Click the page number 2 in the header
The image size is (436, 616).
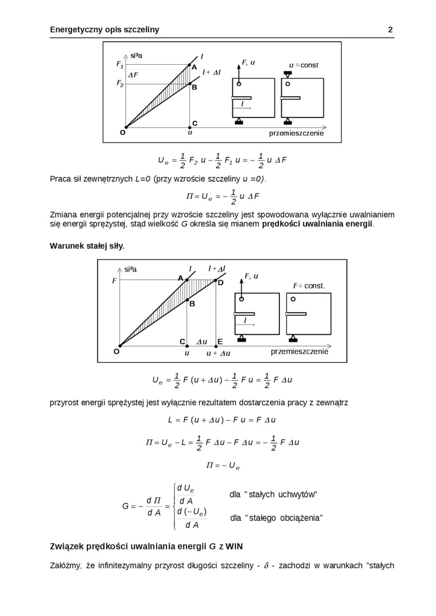(390, 30)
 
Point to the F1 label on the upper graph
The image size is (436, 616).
(120, 65)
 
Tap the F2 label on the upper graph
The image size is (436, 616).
(120, 84)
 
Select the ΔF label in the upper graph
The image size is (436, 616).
(133, 75)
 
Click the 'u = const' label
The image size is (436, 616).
(303, 65)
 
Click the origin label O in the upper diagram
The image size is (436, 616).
(122, 132)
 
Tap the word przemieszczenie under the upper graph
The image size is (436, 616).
(297, 133)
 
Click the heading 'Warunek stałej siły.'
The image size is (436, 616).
(87, 245)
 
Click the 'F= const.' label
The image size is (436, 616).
(309, 285)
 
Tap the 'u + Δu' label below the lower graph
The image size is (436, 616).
(218, 354)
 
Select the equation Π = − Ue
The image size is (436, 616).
(221, 465)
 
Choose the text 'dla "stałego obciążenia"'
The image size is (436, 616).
(276, 518)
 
